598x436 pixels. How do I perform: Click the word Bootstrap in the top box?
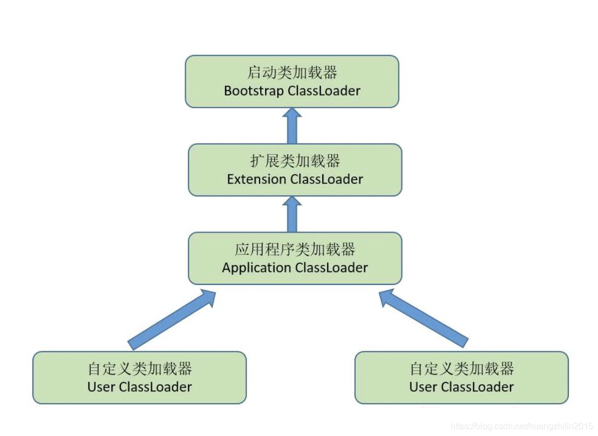point(254,91)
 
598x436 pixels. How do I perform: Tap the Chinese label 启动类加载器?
point(292,73)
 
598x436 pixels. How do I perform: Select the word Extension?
point(257,179)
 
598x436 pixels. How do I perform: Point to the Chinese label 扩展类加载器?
point(295,161)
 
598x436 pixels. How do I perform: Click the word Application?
point(256,268)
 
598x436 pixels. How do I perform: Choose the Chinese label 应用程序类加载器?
point(295,250)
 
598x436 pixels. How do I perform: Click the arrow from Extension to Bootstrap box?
point(292,126)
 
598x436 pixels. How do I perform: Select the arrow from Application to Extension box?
point(292,214)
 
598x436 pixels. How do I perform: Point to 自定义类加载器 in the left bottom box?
point(139,369)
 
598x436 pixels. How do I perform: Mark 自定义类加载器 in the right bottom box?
point(461,369)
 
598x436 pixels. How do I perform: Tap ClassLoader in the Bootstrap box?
point(324,91)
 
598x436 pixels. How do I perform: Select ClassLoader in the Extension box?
point(327,179)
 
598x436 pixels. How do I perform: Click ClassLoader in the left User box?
point(155,387)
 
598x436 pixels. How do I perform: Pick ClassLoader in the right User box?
point(478,387)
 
